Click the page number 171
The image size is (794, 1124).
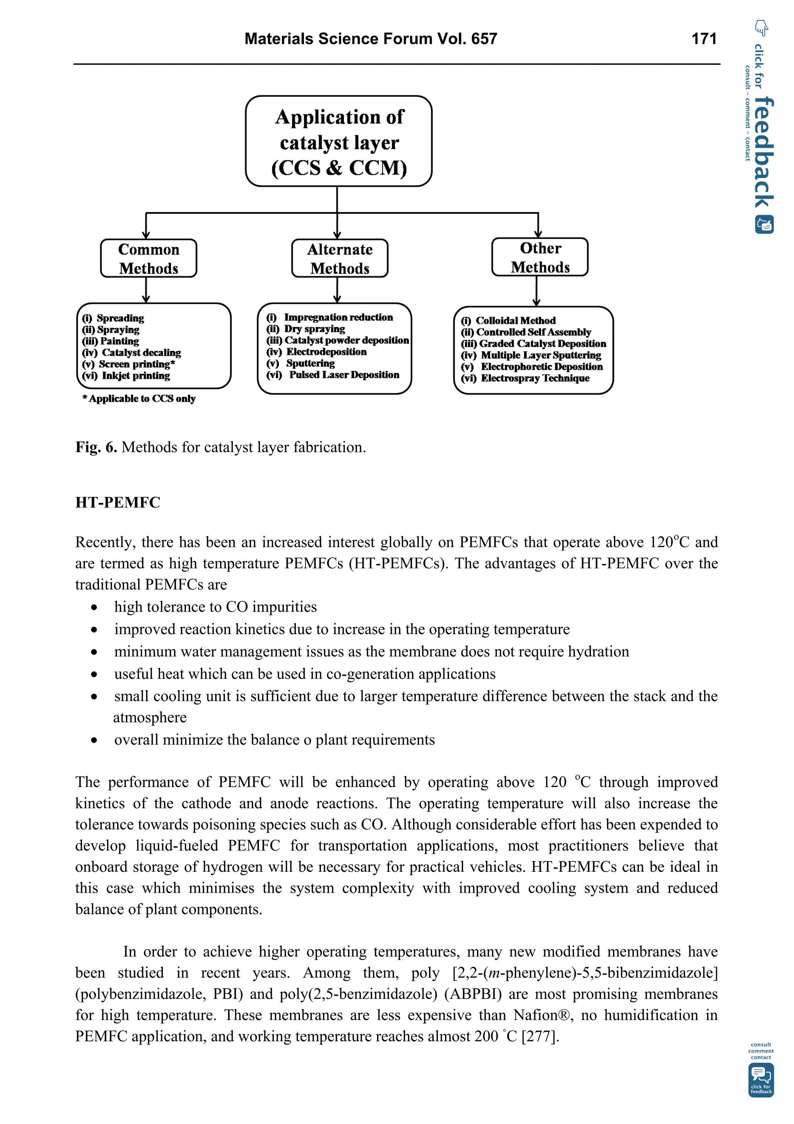point(704,39)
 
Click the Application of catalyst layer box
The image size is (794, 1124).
point(338,142)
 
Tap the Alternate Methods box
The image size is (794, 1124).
point(340,258)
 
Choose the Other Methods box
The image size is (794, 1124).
point(540,257)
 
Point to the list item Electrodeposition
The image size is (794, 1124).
point(326,351)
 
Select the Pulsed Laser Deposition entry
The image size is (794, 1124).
point(343,375)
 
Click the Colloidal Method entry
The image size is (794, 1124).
point(515,321)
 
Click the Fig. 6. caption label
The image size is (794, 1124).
point(96,447)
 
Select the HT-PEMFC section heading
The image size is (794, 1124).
point(117,502)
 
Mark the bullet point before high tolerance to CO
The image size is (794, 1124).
point(94,607)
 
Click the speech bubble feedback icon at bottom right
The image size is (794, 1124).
point(761,1079)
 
